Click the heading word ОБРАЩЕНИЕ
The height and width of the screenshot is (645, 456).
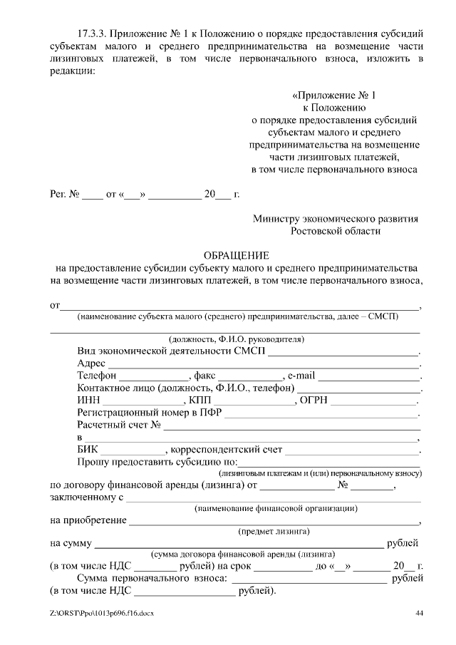(x=236, y=255)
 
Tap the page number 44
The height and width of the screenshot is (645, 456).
(x=419, y=613)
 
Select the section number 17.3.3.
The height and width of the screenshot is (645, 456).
(x=93, y=33)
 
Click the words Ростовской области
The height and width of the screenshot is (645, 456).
(x=336, y=231)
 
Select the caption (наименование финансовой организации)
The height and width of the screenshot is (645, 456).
(x=276, y=508)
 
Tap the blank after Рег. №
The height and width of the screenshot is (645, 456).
(x=93, y=195)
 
